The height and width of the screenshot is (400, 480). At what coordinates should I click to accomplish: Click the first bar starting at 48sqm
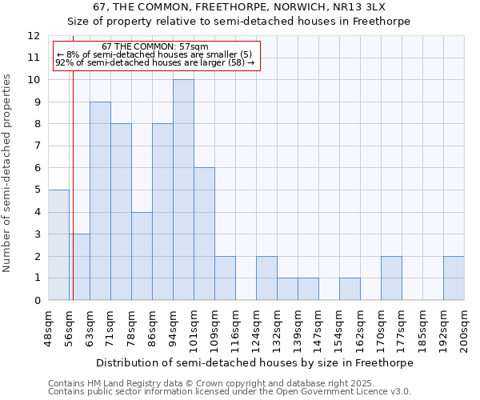[58, 245]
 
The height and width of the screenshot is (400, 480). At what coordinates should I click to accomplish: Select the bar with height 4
[142, 256]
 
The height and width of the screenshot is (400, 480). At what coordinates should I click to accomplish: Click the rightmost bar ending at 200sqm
[454, 278]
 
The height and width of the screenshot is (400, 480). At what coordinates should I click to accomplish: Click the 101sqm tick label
[194, 328]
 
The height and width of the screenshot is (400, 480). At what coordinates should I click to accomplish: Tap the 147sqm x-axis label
[319, 328]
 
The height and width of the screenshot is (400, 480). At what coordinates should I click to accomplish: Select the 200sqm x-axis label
[465, 328]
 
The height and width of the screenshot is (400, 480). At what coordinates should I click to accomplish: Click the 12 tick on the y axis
[34, 36]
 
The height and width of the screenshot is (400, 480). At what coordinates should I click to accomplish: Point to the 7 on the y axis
[37, 146]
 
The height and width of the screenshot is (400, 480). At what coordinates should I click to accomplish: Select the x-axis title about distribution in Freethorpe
[255, 362]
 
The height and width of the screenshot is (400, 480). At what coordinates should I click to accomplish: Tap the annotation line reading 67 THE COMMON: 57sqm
[155, 46]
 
